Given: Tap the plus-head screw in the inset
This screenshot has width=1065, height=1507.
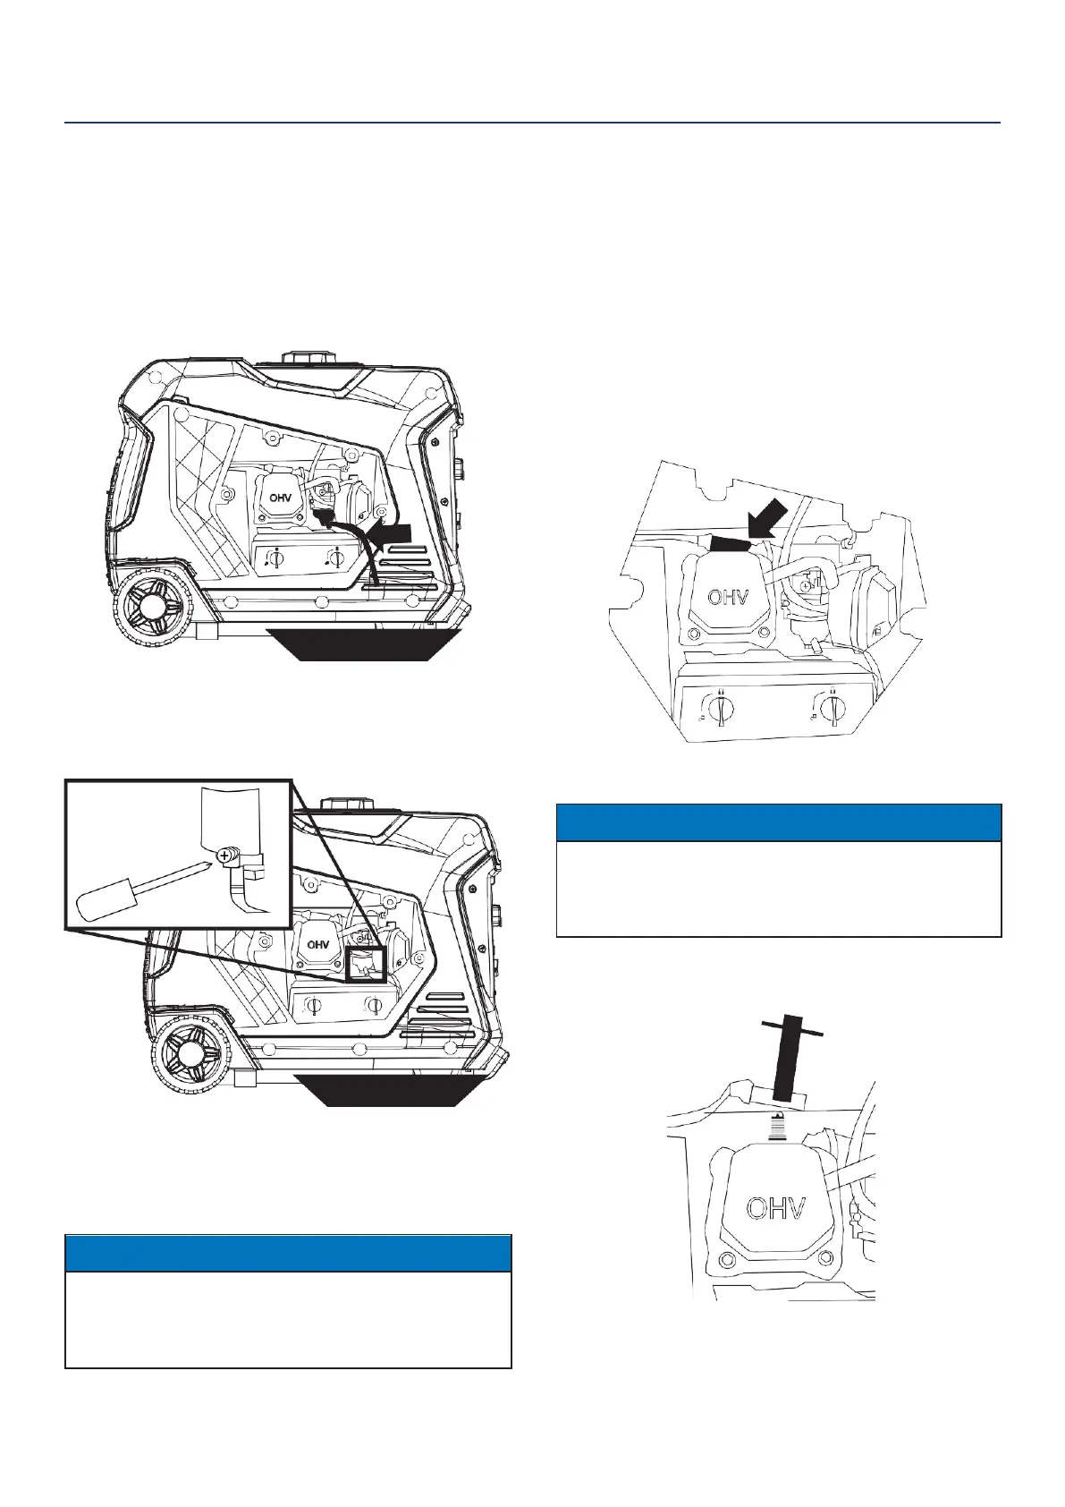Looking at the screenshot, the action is click(x=223, y=856).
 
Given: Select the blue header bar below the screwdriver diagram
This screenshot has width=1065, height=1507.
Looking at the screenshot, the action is click(x=288, y=1253).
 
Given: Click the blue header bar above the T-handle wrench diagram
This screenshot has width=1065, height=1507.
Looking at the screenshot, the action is click(x=778, y=822).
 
